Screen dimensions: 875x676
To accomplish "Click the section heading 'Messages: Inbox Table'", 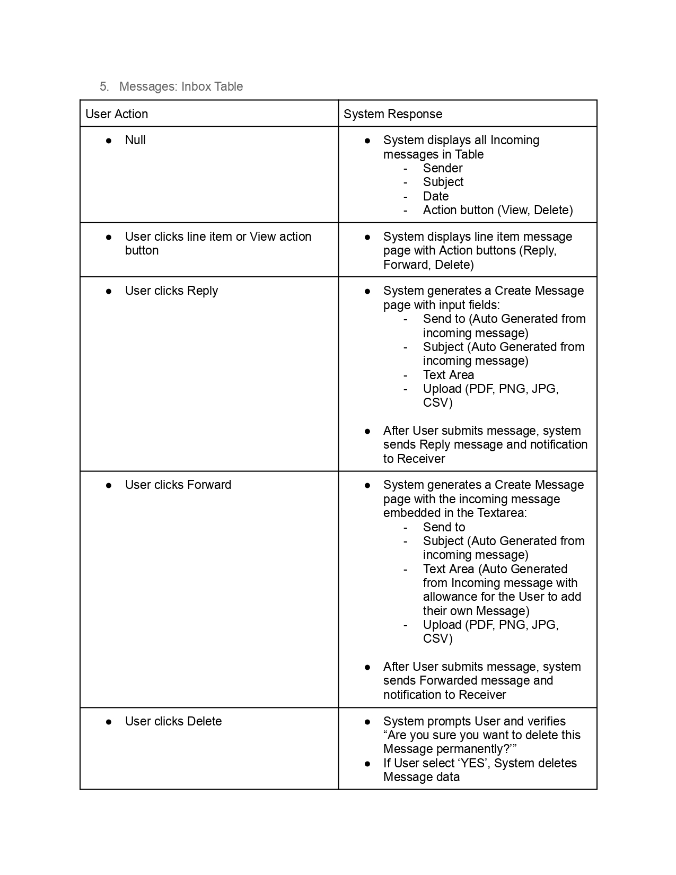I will coord(181,86).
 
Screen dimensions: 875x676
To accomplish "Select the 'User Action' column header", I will coord(117,114).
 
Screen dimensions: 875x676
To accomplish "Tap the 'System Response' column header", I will coord(392,114).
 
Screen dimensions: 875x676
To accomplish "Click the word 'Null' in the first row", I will coord(135,140).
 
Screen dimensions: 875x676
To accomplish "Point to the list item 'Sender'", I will coord(443,168).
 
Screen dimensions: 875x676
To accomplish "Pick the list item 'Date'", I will coord(436,196).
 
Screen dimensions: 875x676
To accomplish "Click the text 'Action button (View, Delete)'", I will coord(498,210).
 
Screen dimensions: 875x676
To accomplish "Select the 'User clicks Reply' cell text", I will coord(171,291).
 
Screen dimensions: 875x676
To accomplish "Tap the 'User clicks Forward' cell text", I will coord(178,485).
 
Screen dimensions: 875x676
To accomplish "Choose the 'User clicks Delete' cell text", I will coord(173,721).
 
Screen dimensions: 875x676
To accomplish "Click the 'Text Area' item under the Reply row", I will coord(449,375).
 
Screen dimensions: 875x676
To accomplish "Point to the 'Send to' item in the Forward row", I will coord(444,527).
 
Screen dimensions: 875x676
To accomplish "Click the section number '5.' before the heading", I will coord(104,86).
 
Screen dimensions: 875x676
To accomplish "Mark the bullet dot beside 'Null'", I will coord(109,141).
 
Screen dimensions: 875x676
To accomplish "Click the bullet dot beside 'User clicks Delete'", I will coord(109,722).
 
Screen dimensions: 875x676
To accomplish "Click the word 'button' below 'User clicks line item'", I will coord(142,250).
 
